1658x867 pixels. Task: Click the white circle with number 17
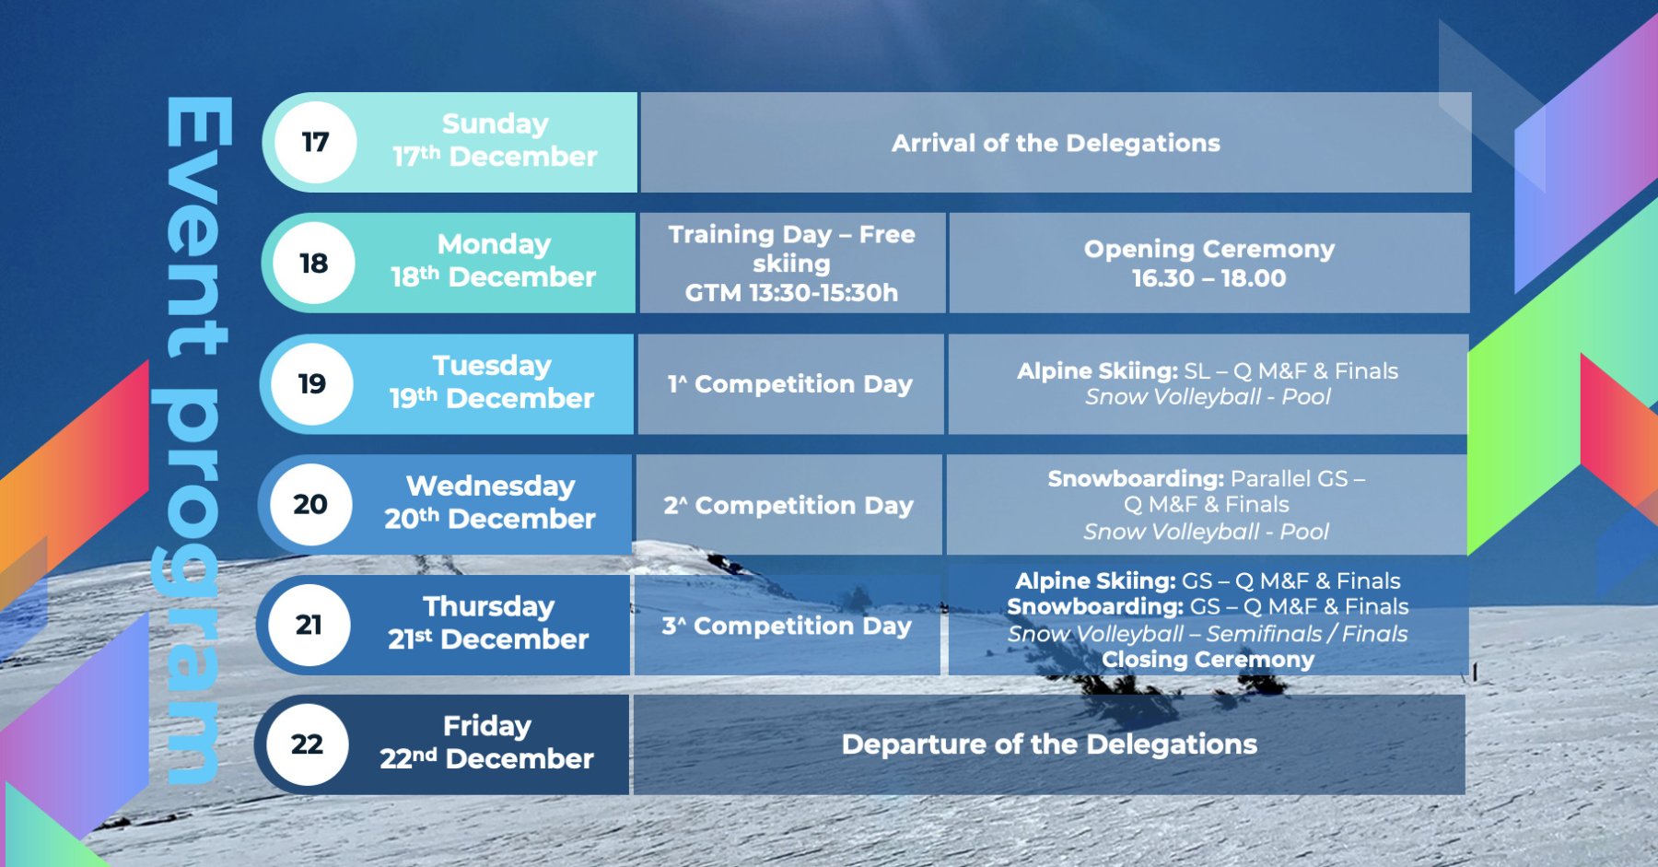pyautogui.click(x=315, y=143)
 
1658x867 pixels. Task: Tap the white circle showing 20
pyautogui.click(x=310, y=505)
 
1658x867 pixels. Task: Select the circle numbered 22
pyautogui.click(x=307, y=744)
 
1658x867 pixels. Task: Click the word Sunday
pyautogui.click(x=496, y=124)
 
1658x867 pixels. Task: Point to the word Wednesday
pyautogui.click(x=491, y=486)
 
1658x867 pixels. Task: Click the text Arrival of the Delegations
pyautogui.click(x=1056, y=143)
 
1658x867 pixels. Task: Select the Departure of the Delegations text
pyautogui.click(x=1049, y=744)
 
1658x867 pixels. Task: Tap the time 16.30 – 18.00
pyautogui.click(x=1208, y=278)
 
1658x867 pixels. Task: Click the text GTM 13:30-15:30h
pyautogui.click(x=791, y=293)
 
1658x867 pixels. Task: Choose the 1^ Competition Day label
pyautogui.click(x=790, y=384)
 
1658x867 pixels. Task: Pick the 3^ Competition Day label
pyautogui.click(x=787, y=627)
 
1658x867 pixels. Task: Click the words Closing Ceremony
pyautogui.click(x=1208, y=660)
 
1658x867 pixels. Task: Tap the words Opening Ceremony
pyautogui.click(x=1209, y=250)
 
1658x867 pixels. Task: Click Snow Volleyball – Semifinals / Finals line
pyautogui.click(x=1208, y=634)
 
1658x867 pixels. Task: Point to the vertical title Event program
pyautogui.click(x=195, y=440)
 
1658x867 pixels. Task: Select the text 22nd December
pyautogui.click(x=486, y=758)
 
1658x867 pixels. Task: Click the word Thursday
pyautogui.click(x=489, y=606)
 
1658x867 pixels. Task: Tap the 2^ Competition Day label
pyautogui.click(x=788, y=506)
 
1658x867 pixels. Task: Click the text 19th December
pyautogui.click(x=492, y=398)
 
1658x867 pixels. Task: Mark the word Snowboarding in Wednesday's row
pyautogui.click(x=1136, y=479)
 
